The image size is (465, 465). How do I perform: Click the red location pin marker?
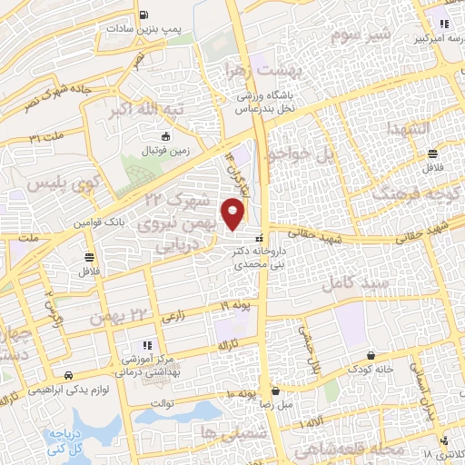coord(234,214)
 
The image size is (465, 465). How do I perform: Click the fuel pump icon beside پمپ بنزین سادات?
coord(144,15)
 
